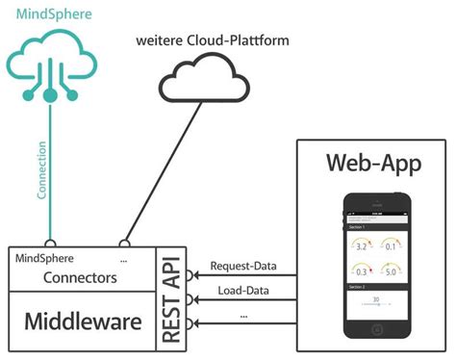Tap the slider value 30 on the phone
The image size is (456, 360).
[x=376, y=298]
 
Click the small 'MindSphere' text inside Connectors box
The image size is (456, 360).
[x=44, y=258]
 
